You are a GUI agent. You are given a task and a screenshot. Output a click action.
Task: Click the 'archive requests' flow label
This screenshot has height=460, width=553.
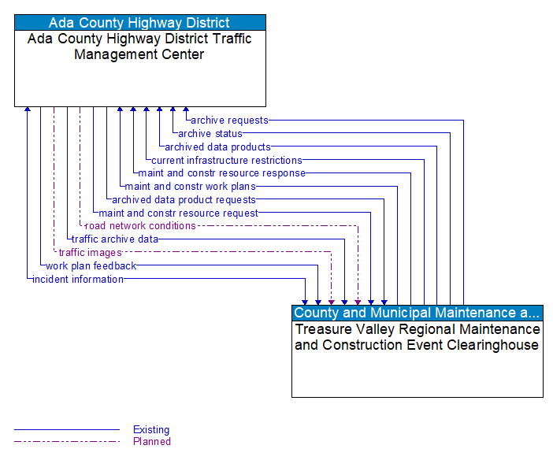(x=229, y=121)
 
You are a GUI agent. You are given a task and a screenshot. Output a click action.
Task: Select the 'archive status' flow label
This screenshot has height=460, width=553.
(x=210, y=134)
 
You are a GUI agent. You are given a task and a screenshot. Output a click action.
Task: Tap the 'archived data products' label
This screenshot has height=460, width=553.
(x=217, y=147)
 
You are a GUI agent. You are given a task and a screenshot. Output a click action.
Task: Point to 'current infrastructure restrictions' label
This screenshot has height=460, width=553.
(x=227, y=161)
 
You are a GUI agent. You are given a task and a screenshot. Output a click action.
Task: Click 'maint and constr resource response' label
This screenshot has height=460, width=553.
(x=221, y=173)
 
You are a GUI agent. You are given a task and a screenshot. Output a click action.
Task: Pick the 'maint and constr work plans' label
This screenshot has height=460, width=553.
(x=190, y=187)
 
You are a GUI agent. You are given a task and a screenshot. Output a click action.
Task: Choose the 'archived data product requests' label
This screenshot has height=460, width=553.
(x=184, y=200)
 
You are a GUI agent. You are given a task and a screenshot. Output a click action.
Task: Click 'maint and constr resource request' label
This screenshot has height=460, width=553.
(x=178, y=213)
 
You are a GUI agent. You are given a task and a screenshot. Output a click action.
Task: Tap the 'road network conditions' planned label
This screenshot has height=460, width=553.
(x=140, y=226)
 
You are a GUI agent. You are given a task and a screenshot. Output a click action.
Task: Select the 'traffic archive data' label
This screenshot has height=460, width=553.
(x=115, y=239)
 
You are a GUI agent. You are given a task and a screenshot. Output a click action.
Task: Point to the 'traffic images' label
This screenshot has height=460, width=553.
(x=90, y=253)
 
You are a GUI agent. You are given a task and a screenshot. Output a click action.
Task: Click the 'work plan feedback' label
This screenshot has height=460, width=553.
(x=91, y=266)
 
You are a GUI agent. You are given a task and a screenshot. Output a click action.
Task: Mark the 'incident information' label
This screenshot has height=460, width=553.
(x=78, y=280)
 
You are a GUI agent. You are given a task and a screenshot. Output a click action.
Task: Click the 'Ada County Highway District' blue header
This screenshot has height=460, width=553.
(x=139, y=23)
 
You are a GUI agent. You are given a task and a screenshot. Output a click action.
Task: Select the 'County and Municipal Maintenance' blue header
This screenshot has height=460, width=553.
(x=417, y=313)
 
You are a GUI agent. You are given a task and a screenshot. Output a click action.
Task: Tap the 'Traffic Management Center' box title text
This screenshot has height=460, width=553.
(x=139, y=46)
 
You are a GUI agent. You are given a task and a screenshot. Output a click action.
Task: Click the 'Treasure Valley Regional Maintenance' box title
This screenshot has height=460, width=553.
(x=417, y=337)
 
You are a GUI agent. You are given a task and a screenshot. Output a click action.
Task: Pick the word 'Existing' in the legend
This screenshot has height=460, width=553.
(x=151, y=430)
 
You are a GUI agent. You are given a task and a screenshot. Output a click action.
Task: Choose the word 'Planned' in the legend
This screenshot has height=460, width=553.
(x=152, y=442)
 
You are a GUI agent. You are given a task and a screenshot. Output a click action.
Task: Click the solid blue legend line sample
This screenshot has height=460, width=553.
(x=67, y=430)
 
